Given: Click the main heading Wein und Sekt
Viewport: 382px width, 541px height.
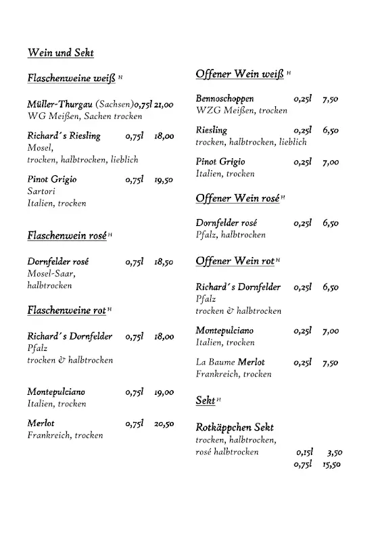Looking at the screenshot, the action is point(60,53).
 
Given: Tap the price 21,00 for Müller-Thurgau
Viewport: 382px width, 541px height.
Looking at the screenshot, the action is point(164,105).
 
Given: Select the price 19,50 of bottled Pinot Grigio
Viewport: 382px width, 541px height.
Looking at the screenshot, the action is point(164,180).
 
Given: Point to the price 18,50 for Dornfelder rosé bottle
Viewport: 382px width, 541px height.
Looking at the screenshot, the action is point(164,262).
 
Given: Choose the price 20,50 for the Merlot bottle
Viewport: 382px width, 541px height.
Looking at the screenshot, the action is point(164,424).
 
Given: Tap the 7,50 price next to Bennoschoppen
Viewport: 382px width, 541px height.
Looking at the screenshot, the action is point(331,99).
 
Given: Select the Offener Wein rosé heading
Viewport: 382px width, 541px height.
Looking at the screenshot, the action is point(237,198).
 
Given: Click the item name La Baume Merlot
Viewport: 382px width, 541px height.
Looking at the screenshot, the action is point(231,362).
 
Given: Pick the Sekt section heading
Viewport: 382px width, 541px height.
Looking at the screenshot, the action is point(206,400).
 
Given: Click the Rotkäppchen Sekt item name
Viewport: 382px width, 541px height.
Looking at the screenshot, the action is point(234,427).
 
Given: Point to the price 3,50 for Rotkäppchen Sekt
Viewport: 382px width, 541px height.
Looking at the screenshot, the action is point(334,452).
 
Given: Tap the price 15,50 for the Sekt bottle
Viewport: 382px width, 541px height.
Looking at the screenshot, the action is point(331,465).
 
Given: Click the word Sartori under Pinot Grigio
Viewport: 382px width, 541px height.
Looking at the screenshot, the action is point(41,191).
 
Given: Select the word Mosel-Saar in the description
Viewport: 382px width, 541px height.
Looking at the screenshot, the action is point(51,274).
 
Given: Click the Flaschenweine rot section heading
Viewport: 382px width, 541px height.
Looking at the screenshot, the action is point(66,310).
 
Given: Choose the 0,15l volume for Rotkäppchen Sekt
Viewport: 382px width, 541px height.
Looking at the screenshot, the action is point(304,452).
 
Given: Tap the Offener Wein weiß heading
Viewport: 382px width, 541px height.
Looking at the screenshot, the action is point(240,74).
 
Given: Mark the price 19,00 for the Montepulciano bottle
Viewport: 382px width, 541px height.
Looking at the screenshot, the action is point(164,392).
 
